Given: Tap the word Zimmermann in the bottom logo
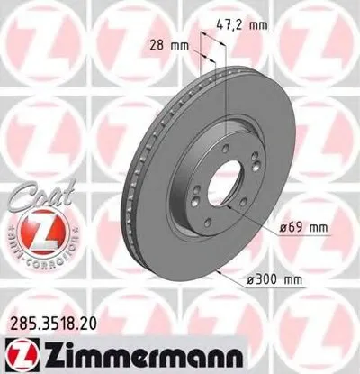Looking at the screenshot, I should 139,351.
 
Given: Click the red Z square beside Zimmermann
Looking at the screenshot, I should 20,351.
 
